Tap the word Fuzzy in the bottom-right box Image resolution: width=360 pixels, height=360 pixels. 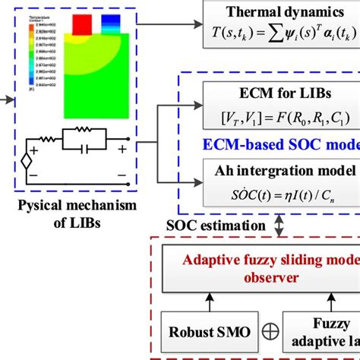tap(324, 322)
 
